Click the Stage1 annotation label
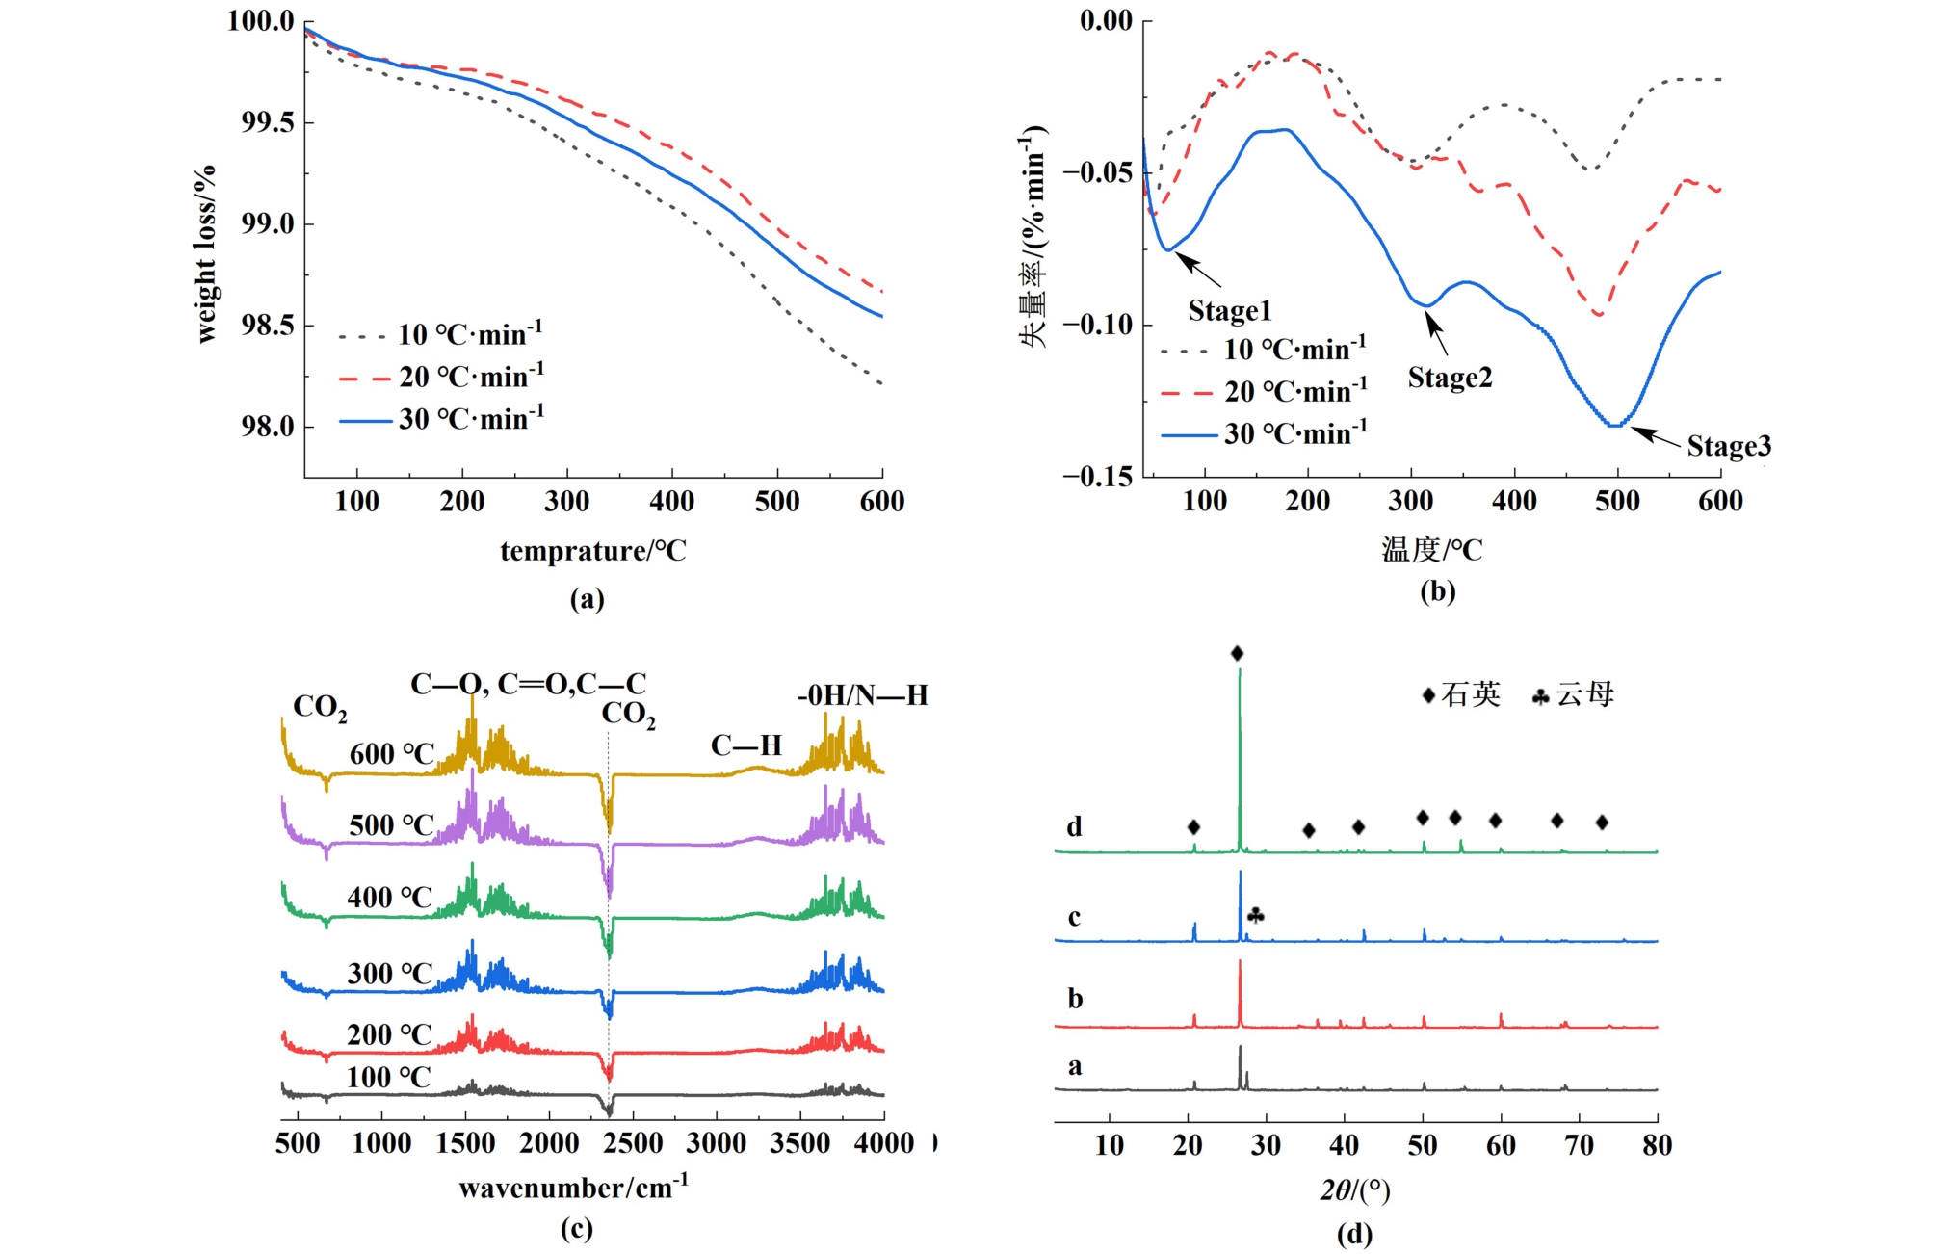1229,310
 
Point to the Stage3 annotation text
1728,446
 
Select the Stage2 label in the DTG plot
1449,378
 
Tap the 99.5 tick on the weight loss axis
267,122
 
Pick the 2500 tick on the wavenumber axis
633,1143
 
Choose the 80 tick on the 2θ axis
1657,1145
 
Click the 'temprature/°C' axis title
593,551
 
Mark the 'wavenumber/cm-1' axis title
574,1187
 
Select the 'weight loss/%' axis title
205,253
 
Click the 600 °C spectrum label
392,754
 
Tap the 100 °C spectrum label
388,1077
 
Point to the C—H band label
745,745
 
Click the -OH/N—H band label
862,695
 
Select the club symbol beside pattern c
1255,915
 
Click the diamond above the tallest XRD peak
1237,654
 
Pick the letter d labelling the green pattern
1074,826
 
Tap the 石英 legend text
1470,694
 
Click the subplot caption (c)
576,1229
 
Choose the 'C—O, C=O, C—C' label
528,684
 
